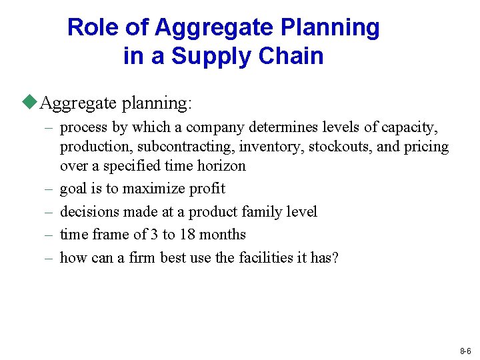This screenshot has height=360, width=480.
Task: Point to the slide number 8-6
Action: click(x=465, y=351)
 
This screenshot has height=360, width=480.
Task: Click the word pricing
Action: click(x=427, y=146)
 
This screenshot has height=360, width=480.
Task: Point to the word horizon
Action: click(x=221, y=165)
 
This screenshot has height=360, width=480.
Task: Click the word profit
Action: click(x=208, y=189)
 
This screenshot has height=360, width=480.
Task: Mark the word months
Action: click(x=224, y=235)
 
